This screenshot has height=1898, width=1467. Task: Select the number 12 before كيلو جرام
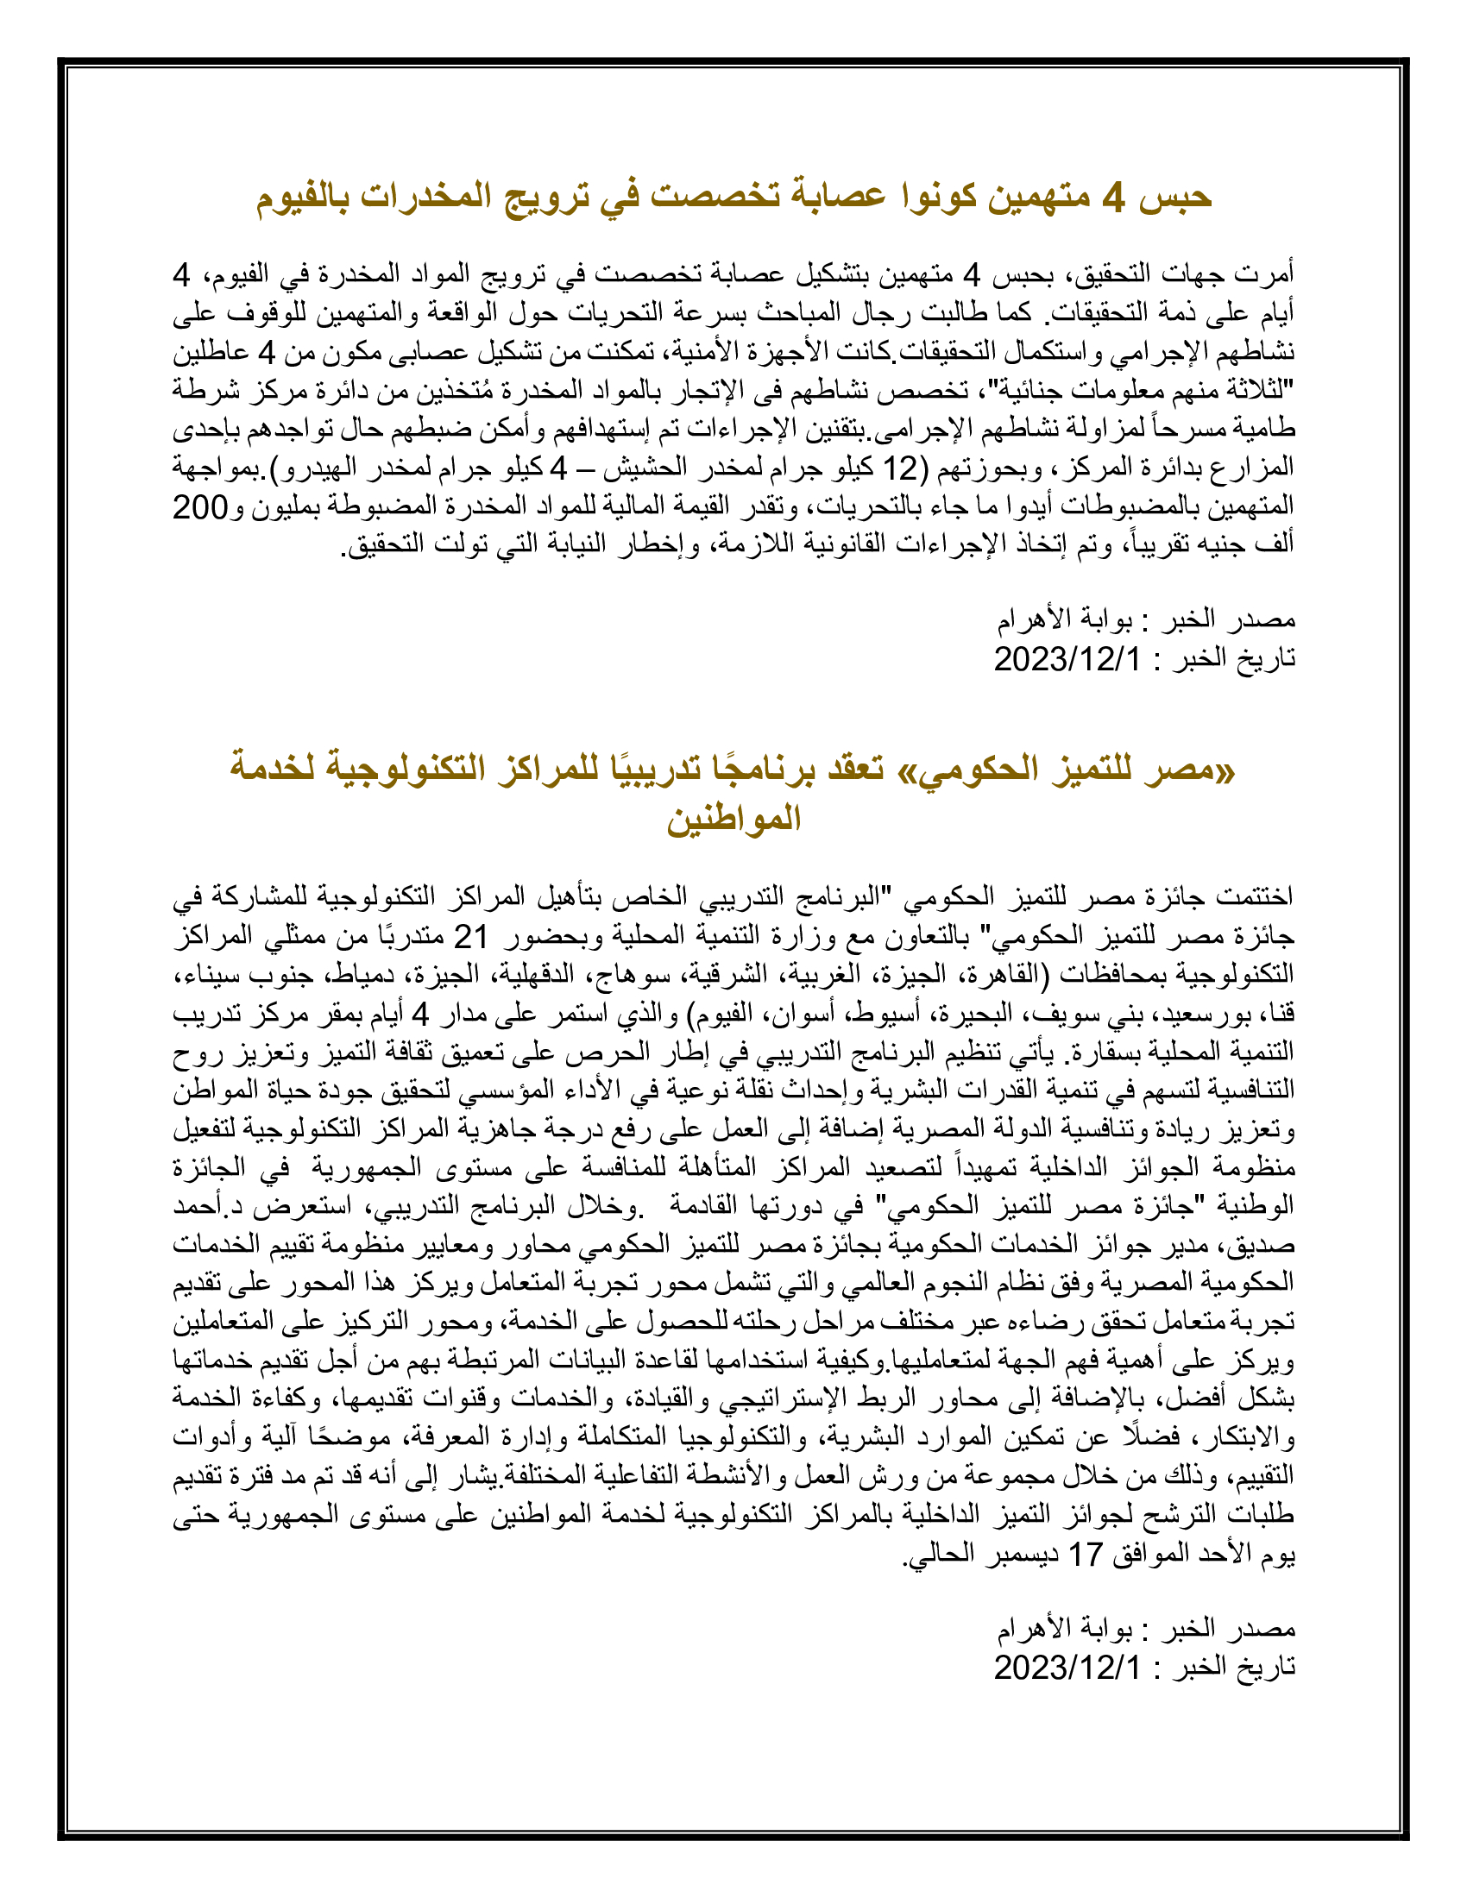(900, 469)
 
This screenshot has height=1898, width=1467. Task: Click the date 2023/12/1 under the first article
(1067, 660)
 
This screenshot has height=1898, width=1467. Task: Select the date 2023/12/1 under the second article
(1067, 1668)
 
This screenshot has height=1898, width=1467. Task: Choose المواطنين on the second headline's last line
(733, 820)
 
